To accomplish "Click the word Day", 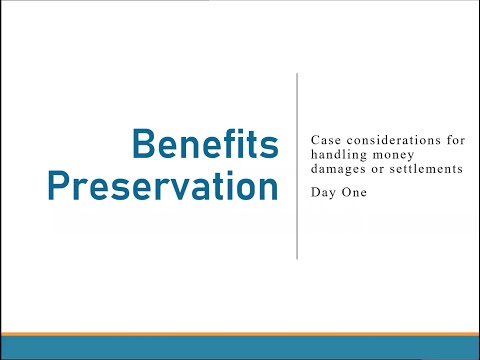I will (x=324, y=193).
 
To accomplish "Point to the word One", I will (x=354, y=193).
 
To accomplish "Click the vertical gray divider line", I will (x=297, y=165).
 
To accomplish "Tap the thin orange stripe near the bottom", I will (x=240, y=332).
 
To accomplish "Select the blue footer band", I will (x=240, y=347).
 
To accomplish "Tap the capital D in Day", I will (x=316, y=193).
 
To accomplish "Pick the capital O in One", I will (x=345, y=193).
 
